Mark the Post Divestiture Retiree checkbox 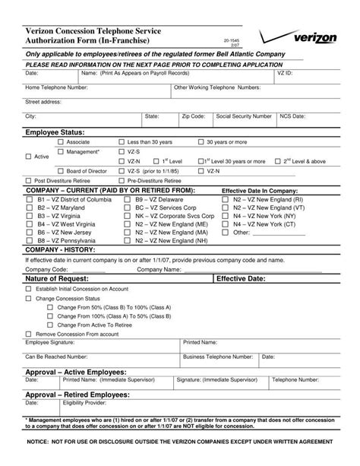click(x=29, y=181)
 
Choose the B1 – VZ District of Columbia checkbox click(x=29, y=198)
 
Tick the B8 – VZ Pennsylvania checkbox click(x=29, y=240)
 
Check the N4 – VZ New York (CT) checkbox click(x=225, y=223)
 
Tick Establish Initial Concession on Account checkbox click(x=29, y=289)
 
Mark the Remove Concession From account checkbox click(x=29, y=333)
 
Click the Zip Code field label click(x=192, y=116)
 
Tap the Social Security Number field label click(x=243, y=116)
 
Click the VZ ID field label click(x=285, y=74)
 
